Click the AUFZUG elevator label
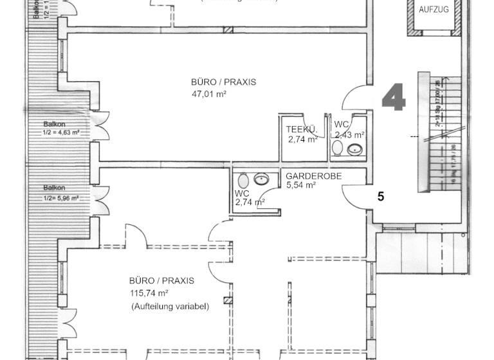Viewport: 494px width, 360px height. point(434,10)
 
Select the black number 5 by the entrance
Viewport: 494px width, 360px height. point(381,197)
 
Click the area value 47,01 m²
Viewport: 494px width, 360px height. point(209,94)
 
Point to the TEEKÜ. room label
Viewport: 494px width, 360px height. point(302,129)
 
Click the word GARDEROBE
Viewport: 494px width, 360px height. point(313,175)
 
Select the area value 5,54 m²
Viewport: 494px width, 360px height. point(301,185)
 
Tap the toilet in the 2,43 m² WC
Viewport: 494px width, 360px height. point(337,148)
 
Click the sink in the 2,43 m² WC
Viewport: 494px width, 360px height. point(354,150)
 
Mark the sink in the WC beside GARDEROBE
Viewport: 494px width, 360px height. point(262,179)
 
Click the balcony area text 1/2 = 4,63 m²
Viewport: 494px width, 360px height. point(61,133)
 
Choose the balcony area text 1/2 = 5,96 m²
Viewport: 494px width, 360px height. point(61,198)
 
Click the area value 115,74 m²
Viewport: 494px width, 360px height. point(151,294)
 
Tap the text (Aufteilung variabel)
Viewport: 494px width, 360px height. point(170,307)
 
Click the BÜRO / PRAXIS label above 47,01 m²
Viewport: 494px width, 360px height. point(223,82)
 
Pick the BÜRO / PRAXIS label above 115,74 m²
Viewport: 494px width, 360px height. point(161,281)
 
